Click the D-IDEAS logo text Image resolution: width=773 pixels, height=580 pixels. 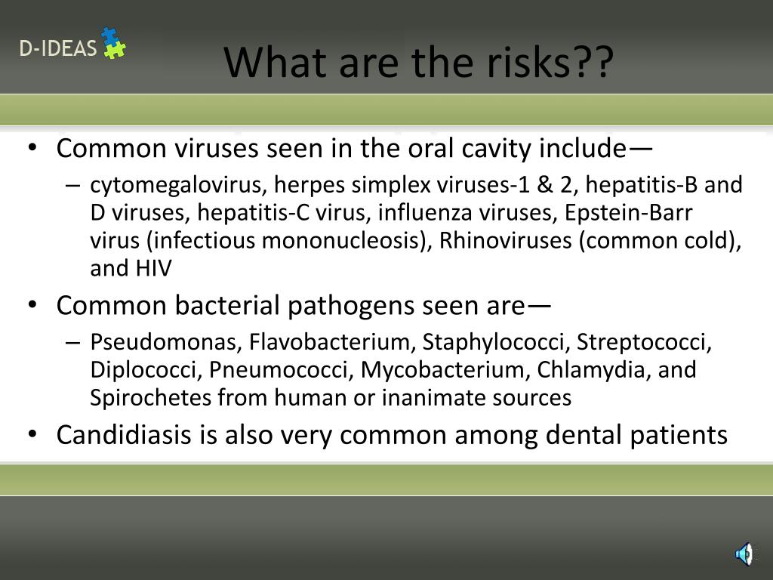(x=58, y=49)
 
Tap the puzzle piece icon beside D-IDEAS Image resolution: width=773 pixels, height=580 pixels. (x=113, y=43)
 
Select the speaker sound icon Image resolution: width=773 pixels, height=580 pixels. (x=744, y=554)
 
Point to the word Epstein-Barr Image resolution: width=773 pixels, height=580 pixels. (x=628, y=213)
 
